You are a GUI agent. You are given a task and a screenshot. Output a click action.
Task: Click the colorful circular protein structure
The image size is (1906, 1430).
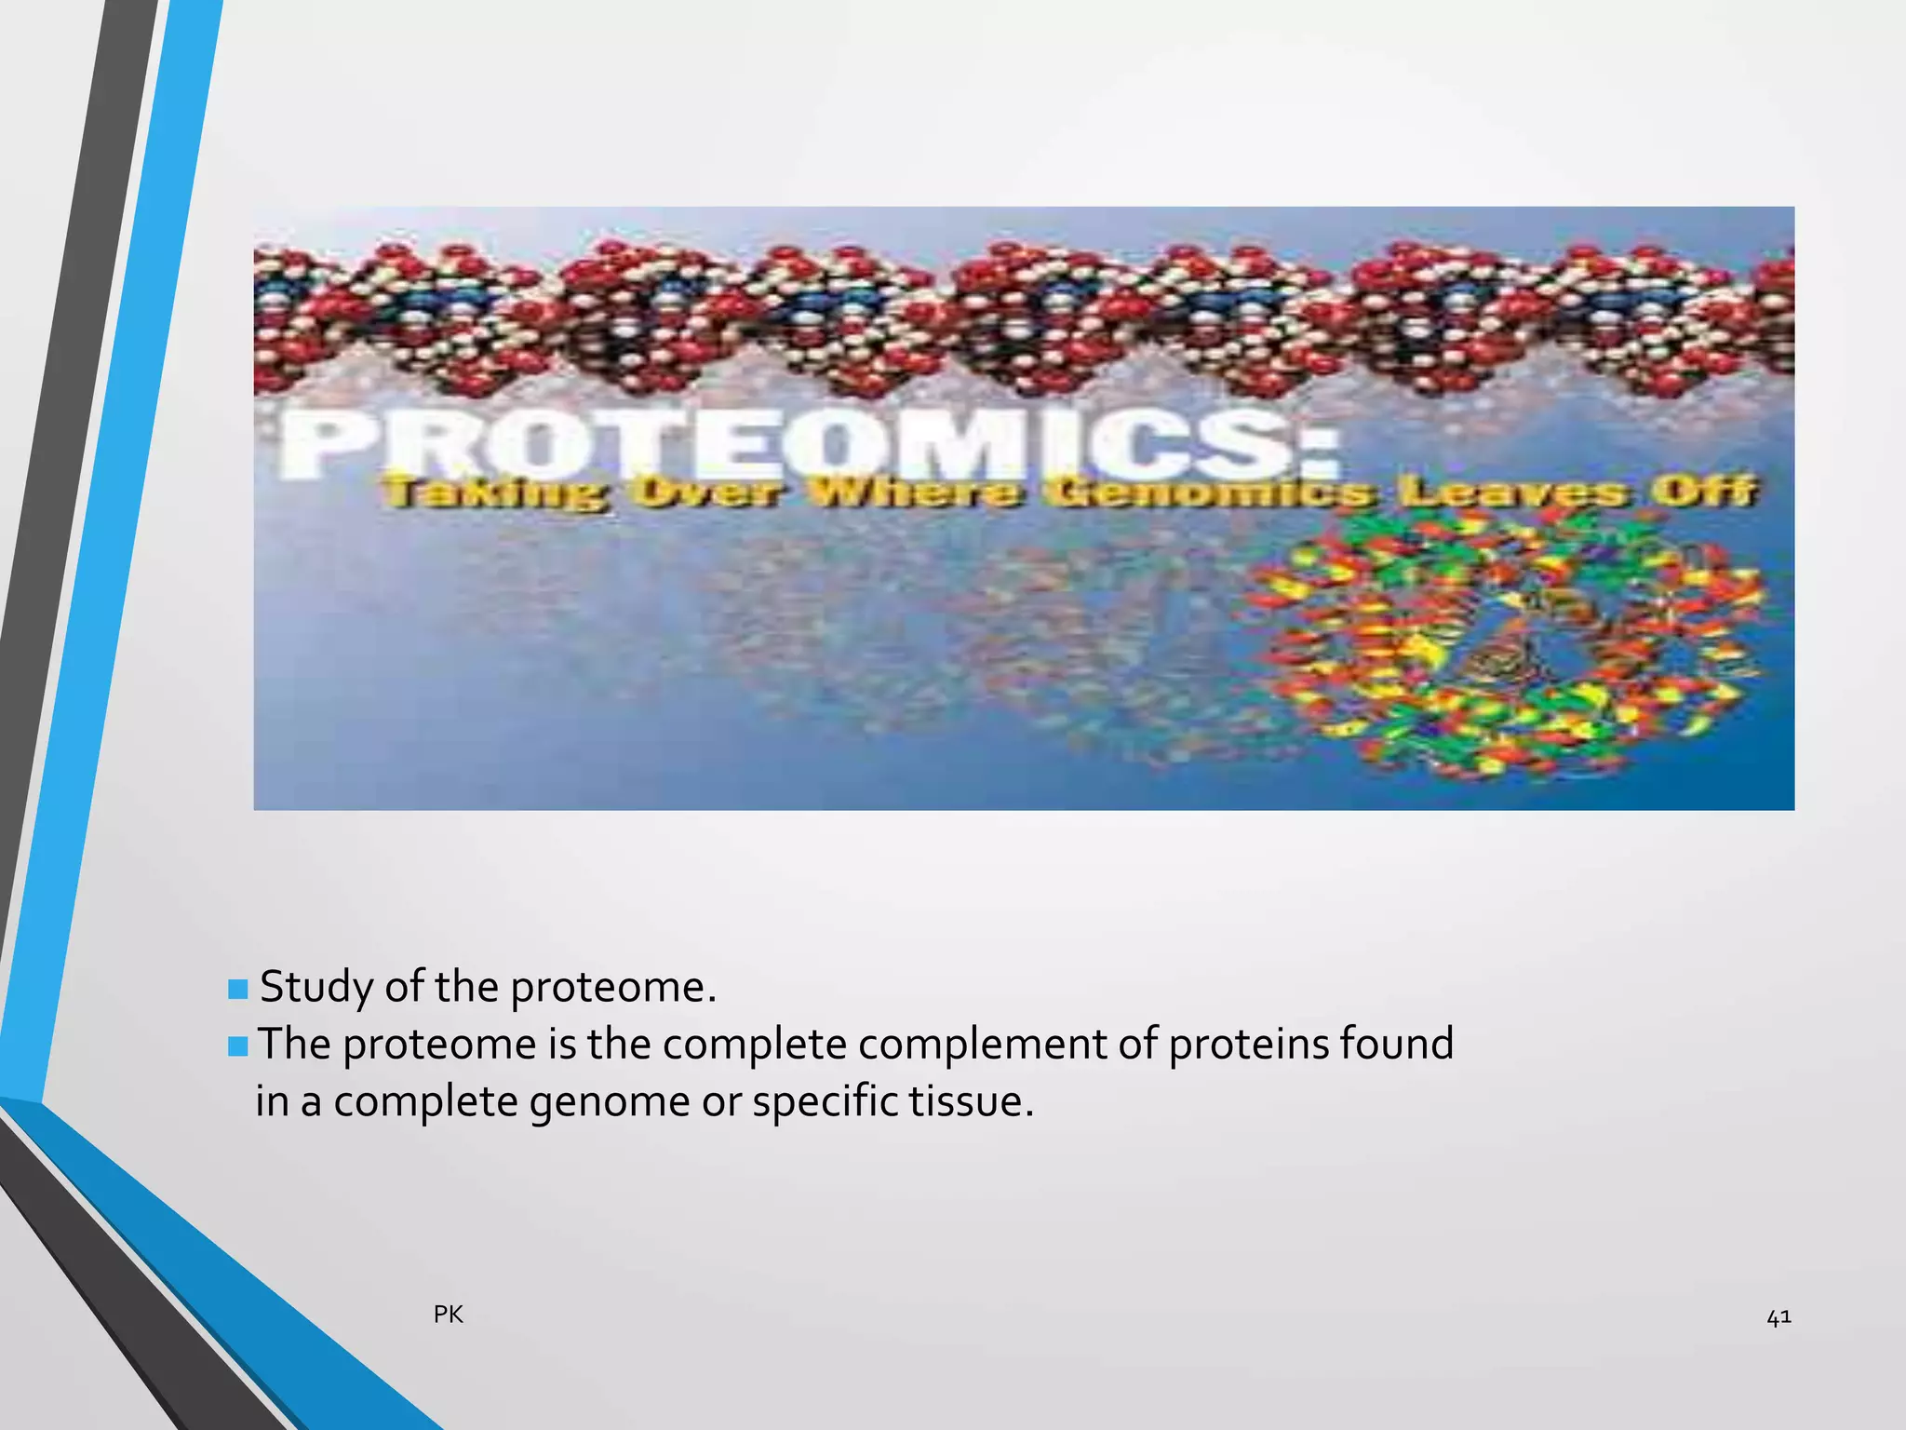1508,642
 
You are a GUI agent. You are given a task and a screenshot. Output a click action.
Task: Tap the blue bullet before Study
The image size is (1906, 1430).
238,988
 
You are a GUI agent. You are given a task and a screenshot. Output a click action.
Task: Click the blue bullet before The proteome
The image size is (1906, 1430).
238,1046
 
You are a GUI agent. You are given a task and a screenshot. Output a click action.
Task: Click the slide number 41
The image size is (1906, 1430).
1778,1316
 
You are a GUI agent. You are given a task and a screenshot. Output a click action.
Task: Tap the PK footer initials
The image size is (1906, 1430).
449,1315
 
